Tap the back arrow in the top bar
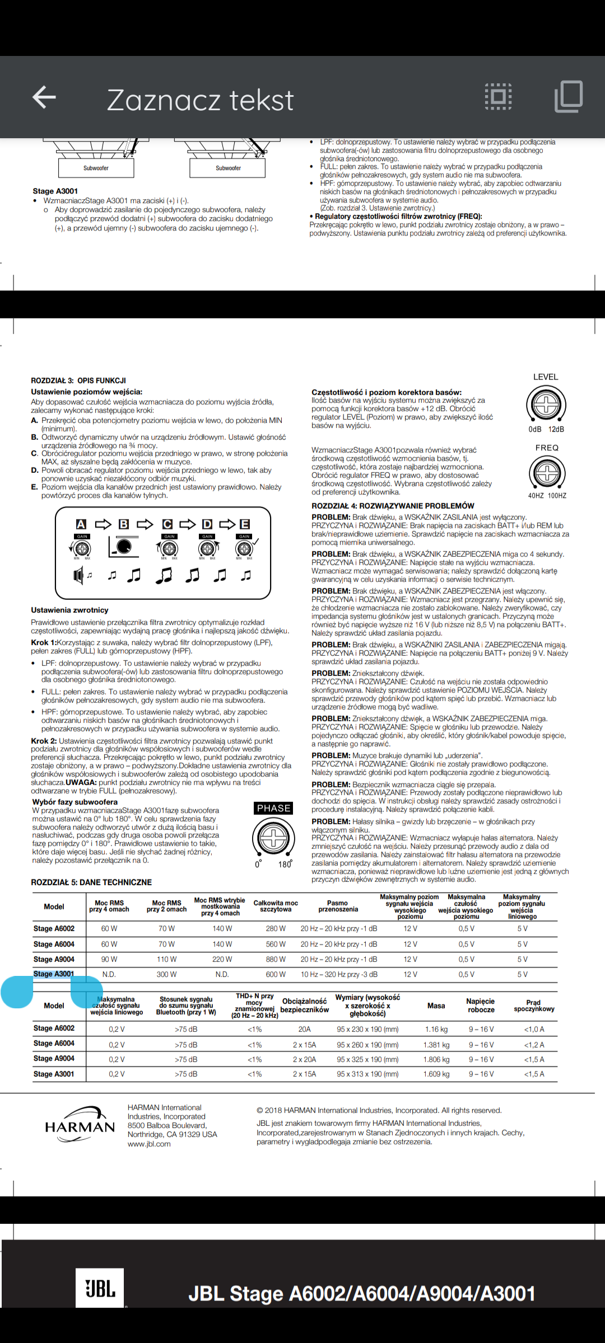pos(44,97)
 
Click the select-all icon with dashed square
pos(498,97)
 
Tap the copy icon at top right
pos(568,97)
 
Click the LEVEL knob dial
pos(546,405)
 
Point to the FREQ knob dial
pos(547,473)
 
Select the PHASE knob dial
pos(273,838)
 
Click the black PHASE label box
pos(273,808)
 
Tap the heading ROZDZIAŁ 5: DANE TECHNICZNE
pos(91,882)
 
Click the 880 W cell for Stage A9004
pos(276,959)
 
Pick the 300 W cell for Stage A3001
pos(166,974)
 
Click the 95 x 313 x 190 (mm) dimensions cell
pos(367,1074)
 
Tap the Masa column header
pos(436,1006)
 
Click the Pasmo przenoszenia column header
pos(338,906)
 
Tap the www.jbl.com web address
pos(149,1144)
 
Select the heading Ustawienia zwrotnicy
pos(69,610)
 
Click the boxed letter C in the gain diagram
pos(167,524)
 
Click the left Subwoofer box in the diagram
pos(96,168)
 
